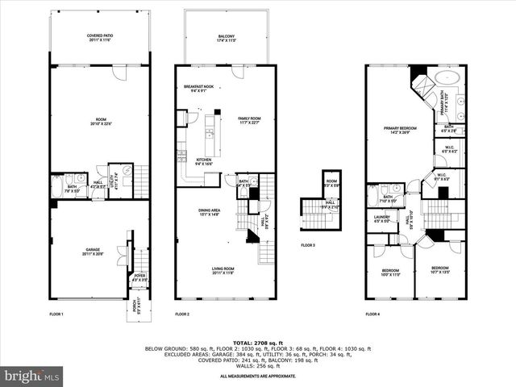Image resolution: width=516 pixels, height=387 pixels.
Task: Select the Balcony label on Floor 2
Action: click(x=226, y=38)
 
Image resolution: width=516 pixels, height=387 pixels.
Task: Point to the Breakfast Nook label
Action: click(x=198, y=88)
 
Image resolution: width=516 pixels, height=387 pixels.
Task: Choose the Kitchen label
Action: click(x=205, y=161)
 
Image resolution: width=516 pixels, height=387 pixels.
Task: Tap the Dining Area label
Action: click(x=210, y=213)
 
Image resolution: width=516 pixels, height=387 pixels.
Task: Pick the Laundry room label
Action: click(x=382, y=218)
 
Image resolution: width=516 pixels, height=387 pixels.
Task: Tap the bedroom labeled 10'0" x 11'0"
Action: click(x=389, y=273)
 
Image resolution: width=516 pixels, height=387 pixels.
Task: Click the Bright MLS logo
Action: click(x=32, y=376)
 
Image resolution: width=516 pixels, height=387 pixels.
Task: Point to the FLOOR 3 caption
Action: click(x=308, y=245)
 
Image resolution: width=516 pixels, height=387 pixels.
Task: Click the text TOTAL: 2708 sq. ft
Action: click(x=257, y=343)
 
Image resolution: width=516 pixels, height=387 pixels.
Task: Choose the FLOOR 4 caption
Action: click(x=372, y=314)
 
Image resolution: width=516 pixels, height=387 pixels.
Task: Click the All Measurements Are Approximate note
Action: click(x=257, y=377)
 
